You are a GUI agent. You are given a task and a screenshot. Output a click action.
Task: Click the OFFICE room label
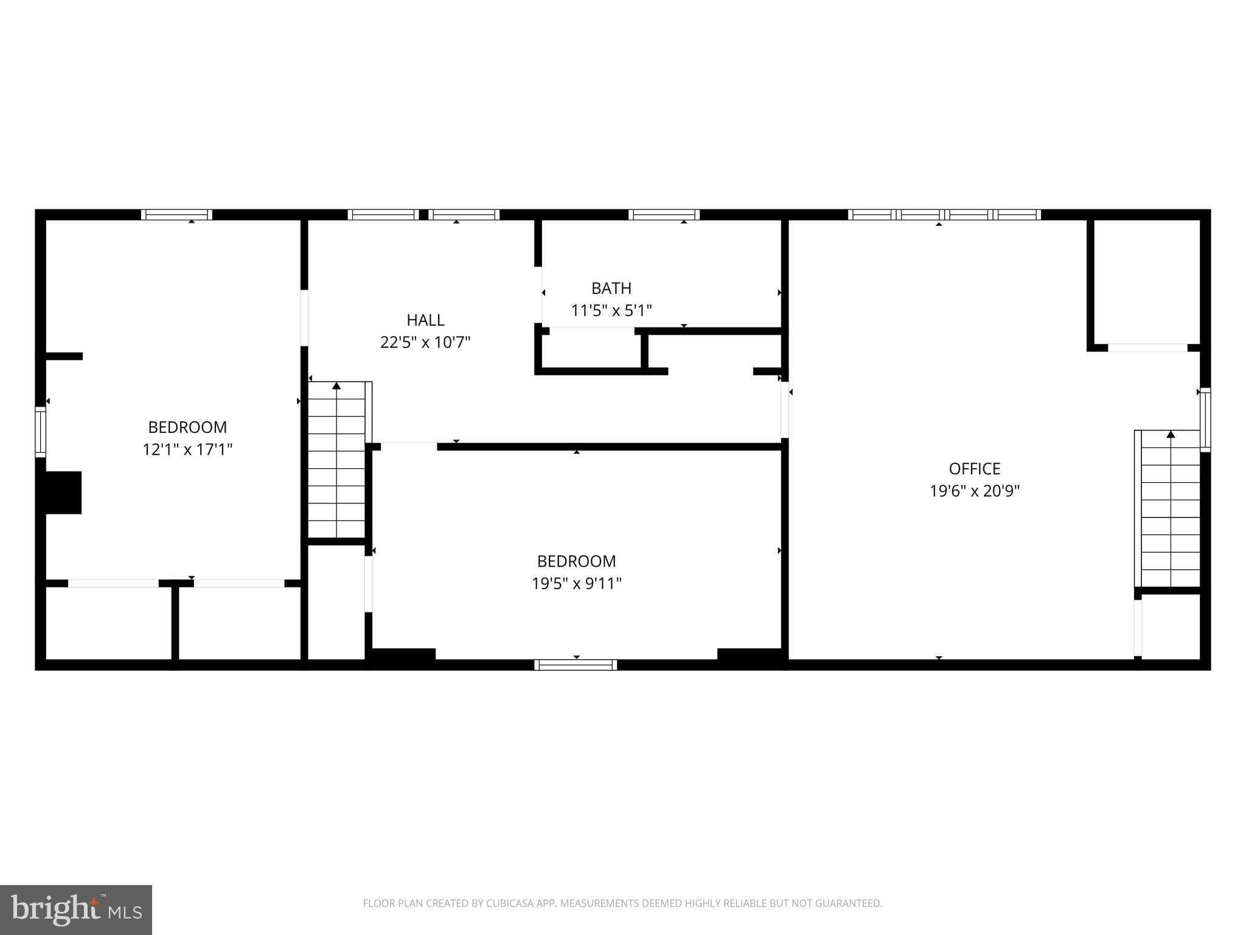(974, 469)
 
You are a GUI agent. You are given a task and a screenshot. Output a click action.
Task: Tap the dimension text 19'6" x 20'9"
(974, 491)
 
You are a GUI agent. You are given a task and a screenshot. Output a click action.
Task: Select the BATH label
(611, 289)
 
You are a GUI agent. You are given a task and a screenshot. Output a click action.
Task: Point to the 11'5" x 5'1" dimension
(611, 311)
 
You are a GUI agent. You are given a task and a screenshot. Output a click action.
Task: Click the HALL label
(425, 320)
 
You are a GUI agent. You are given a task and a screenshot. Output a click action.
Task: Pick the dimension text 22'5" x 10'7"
(425, 343)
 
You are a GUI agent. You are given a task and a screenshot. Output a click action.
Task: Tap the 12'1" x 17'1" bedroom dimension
(187, 450)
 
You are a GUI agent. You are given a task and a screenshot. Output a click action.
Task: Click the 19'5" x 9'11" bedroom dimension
(576, 584)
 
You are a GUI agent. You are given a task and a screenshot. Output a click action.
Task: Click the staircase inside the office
(1169, 509)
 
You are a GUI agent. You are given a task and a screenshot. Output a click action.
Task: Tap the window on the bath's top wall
(664, 214)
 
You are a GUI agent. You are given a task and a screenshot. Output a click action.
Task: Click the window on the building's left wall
(40, 432)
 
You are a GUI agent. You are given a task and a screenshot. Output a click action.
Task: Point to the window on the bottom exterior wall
(576, 665)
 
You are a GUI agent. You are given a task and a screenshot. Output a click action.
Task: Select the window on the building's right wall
(1205, 420)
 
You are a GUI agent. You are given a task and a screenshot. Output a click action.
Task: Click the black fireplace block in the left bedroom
(63, 492)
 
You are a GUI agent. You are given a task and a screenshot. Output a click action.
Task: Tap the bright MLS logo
(76, 909)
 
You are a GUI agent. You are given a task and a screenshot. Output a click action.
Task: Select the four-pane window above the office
(944, 214)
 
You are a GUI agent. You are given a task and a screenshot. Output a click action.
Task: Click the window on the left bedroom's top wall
(176, 214)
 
